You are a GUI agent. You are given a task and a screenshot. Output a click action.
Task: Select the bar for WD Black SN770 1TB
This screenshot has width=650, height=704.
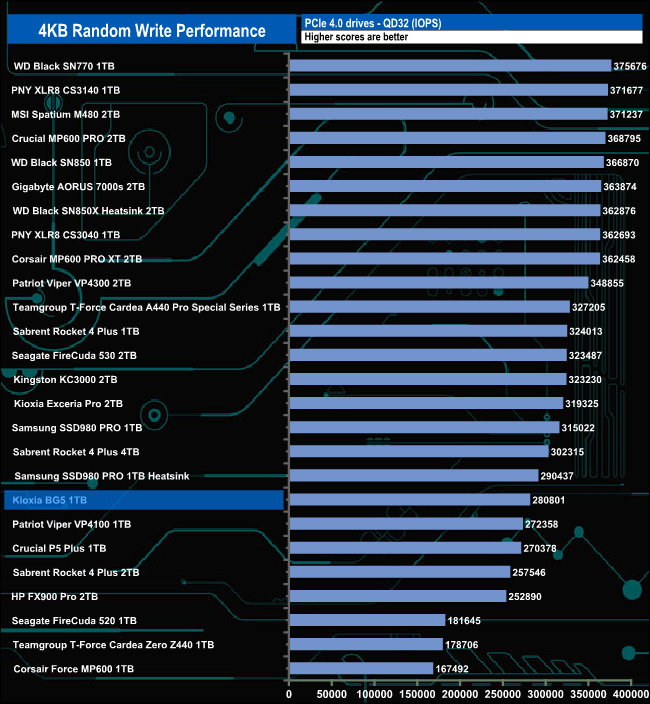click(449, 66)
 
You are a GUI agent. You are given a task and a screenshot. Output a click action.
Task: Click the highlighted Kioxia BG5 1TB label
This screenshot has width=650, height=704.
click(59, 500)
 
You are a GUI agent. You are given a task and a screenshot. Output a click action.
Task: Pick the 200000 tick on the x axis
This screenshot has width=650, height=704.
click(460, 693)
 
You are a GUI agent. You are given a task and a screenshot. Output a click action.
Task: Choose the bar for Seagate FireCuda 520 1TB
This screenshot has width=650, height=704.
click(366, 620)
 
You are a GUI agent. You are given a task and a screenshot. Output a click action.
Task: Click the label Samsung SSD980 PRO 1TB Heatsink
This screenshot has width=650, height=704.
click(102, 476)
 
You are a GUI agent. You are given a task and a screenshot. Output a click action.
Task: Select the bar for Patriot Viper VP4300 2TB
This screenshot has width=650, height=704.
click(438, 283)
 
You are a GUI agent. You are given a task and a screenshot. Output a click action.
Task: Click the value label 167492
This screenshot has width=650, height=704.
click(455, 668)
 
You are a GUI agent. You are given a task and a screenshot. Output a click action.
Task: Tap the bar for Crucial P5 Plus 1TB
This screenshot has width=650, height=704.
click(404, 548)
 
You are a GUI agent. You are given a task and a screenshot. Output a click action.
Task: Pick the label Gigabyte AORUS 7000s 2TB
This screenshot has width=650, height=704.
click(79, 186)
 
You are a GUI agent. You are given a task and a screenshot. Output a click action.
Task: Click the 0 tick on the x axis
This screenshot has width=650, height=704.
click(289, 693)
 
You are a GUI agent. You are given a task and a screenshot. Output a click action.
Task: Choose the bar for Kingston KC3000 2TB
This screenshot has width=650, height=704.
click(427, 379)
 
